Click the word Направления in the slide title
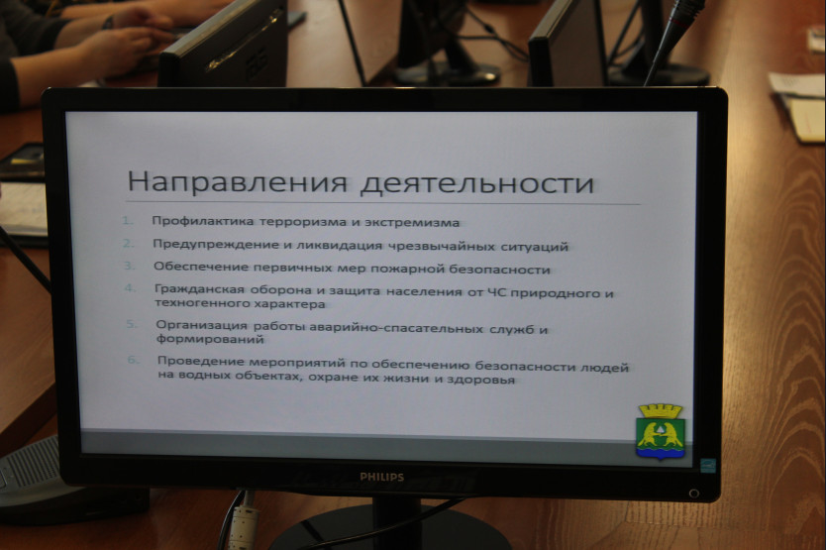[237, 182]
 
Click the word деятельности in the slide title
[477, 184]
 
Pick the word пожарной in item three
[407, 269]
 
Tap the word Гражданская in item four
[199, 289]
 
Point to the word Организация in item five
[201, 325]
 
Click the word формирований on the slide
[210, 339]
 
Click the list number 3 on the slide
[129, 266]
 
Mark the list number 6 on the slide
[134, 360]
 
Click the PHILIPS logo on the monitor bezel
[382, 478]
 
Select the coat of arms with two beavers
[661, 431]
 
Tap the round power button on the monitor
[694, 494]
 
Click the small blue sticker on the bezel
[708, 466]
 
